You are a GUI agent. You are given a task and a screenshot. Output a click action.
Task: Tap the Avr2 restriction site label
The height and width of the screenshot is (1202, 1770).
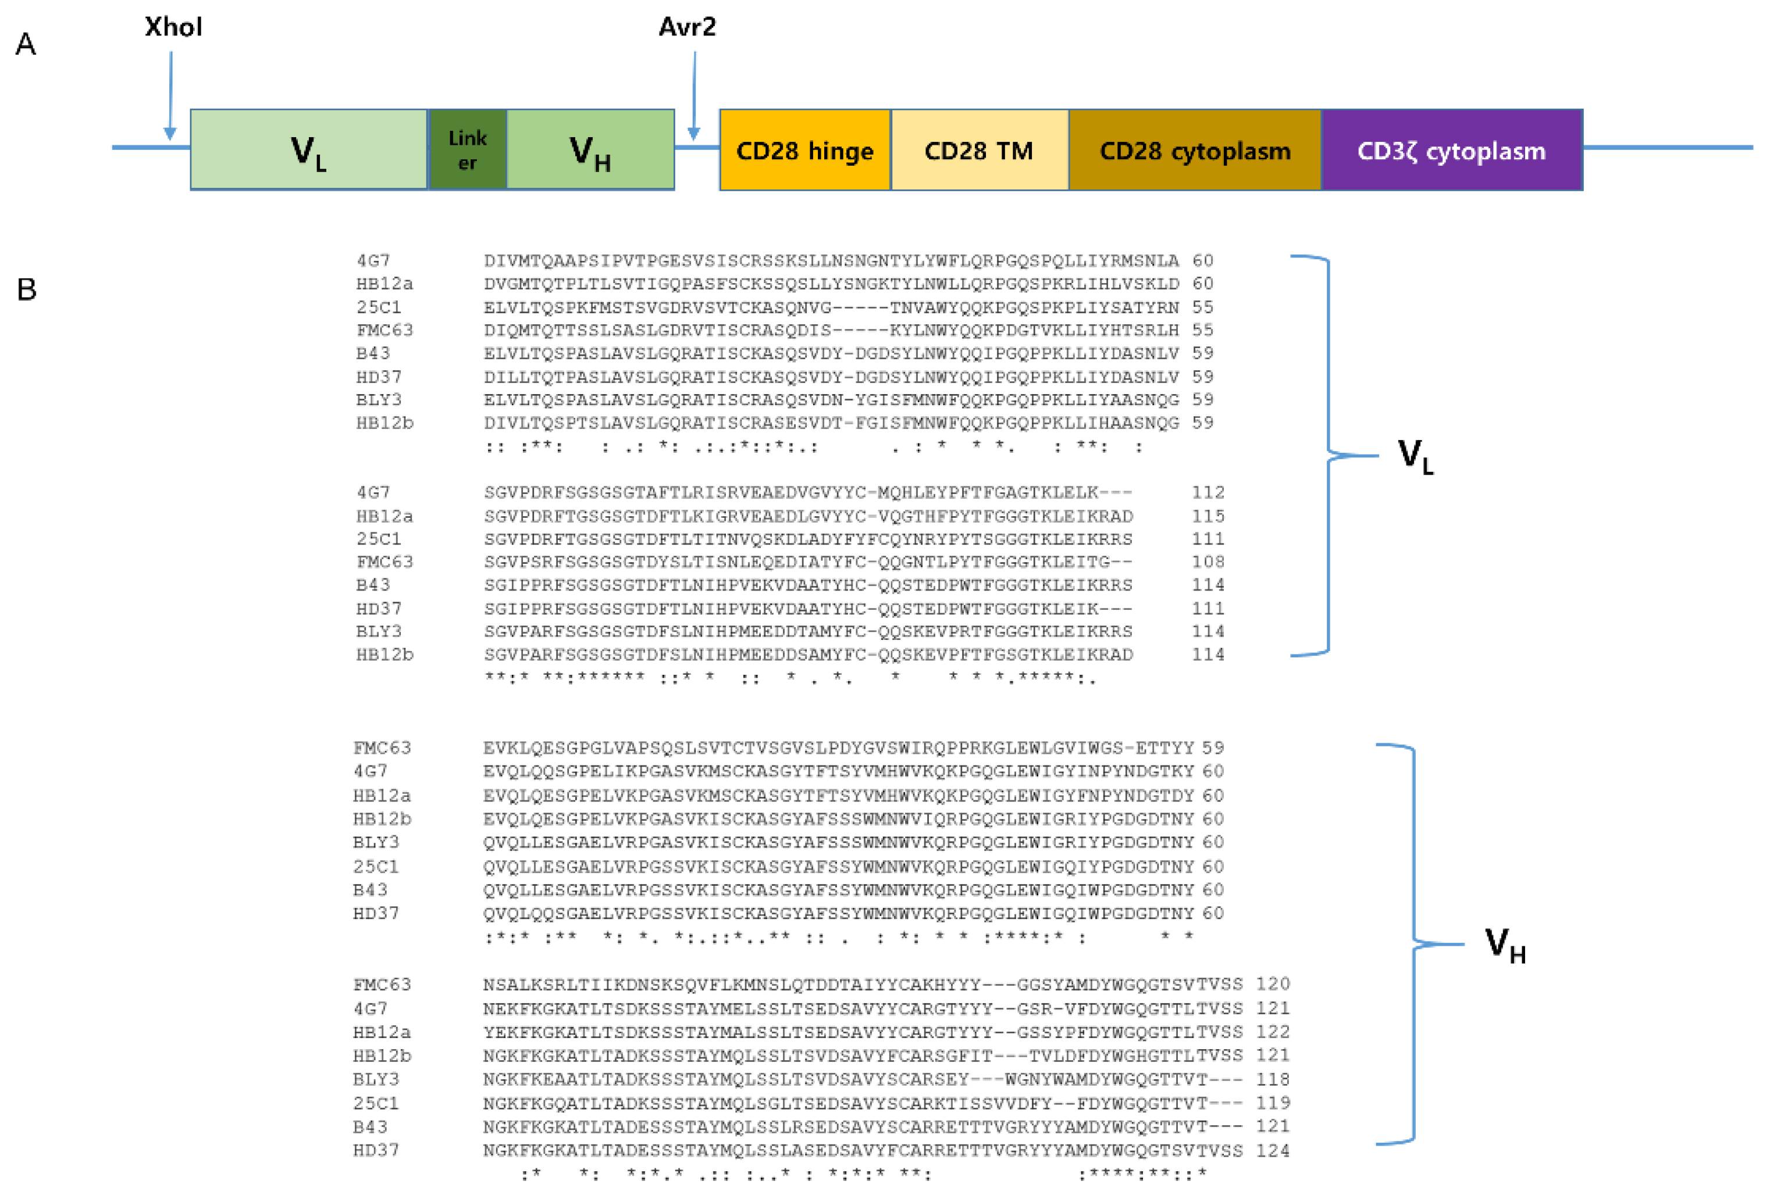687,27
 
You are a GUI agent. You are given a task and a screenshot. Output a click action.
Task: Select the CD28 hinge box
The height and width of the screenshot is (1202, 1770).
804,150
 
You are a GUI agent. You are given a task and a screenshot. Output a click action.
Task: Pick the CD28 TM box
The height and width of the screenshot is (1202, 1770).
979,150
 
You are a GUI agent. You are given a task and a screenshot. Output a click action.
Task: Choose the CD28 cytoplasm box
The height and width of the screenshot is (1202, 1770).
1194,150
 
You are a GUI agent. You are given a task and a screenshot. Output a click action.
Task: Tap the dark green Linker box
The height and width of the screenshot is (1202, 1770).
467,150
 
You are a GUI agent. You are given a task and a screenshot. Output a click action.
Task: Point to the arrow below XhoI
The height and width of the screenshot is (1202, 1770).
170,95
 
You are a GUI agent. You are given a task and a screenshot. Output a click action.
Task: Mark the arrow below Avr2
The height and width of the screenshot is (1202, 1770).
694,95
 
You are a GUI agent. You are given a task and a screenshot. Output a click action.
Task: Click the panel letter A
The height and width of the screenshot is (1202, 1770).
26,44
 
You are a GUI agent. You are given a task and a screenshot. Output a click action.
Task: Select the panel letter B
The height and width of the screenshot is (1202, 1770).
27,289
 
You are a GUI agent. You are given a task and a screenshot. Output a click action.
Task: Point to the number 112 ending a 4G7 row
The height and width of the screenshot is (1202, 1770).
1208,492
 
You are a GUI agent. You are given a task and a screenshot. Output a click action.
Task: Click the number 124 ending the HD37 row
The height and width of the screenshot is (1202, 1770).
1273,1150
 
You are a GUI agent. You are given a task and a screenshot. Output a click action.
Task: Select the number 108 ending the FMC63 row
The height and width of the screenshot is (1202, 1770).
1208,562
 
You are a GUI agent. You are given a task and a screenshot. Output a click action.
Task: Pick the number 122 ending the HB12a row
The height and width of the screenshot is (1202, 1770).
1273,1032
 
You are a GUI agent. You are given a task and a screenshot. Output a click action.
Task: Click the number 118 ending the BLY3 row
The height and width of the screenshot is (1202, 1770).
1273,1079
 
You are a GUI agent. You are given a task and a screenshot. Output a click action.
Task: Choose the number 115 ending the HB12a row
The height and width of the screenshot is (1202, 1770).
1208,516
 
